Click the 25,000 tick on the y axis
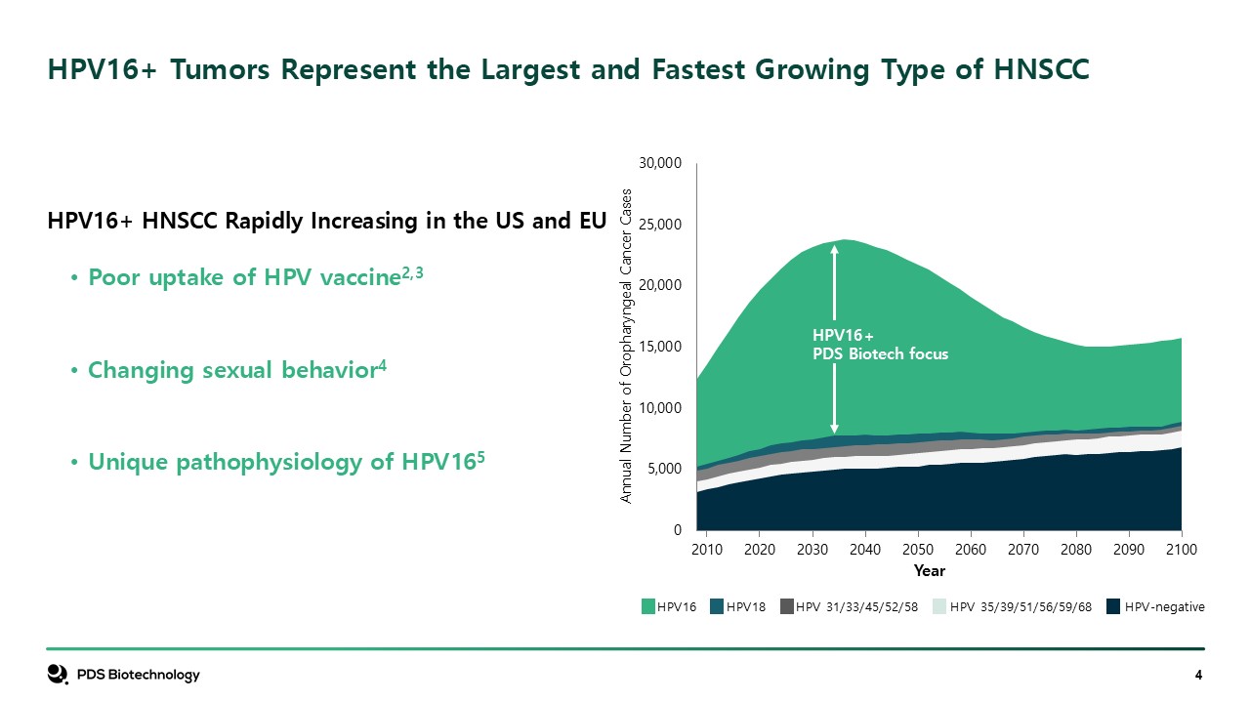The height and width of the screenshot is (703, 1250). pyautogui.click(x=660, y=225)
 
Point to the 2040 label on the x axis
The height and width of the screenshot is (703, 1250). pyautogui.click(x=865, y=550)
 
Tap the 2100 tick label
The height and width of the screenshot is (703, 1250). pyautogui.click(x=1182, y=550)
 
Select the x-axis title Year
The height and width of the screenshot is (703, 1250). pyautogui.click(x=929, y=571)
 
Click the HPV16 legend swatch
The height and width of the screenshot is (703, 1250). pyautogui.click(x=647, y=606)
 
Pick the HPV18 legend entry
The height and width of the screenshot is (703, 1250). pyautogui.click(x=737, y=606)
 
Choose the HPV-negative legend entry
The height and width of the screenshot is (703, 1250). pyautogui.click(x=1155, y=606)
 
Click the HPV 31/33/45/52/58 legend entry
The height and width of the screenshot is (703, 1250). pyautogui.click(x=850, y=606)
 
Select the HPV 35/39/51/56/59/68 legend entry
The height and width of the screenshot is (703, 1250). pyautogui.click(x=1013, y=606)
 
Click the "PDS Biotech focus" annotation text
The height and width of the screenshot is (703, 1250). pyautogui.click(x=880, y=353)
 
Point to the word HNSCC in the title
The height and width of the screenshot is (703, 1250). pyautogui.click(x=1041, y=69)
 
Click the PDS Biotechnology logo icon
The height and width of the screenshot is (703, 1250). pyautogui.click(x=58, y=674)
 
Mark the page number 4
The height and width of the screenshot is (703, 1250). pyautogui.click(x=1198, y=675)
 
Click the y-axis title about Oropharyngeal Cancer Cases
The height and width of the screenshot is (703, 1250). pyautogui.click(x=626, y=346)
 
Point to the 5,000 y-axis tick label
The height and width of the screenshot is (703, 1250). pyautogui.click(x=664, y=469)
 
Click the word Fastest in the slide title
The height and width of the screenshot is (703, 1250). pyautogui.click(x=697, y=69)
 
